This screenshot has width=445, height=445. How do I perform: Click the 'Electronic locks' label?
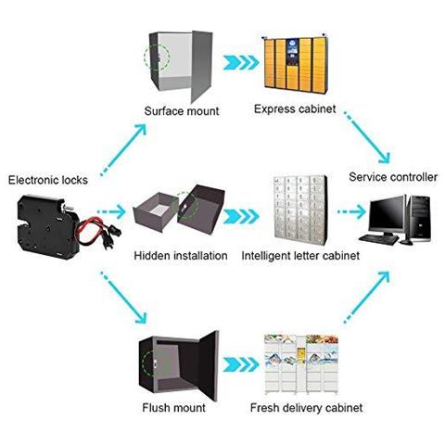point(48,180)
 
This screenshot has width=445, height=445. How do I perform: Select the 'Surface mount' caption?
point(182,111)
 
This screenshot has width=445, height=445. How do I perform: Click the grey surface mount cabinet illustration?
point(182,65)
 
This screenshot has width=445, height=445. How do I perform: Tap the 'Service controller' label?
point(392,176)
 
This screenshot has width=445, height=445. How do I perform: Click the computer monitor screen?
point(387,214)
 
